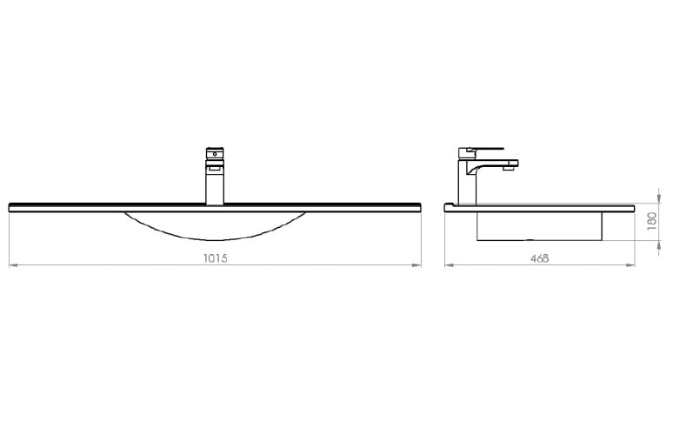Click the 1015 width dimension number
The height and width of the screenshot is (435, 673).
coord(215,258)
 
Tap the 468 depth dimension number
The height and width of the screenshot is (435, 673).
coord(539,258)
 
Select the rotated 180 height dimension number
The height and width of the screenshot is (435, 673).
coord(651,221)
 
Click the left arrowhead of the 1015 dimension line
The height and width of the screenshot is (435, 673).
coord(13,265)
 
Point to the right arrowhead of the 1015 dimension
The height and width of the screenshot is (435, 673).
coord(416,265)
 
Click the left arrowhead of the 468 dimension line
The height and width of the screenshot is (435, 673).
coord(449,265)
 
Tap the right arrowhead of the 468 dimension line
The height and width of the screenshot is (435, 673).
coord(630,265)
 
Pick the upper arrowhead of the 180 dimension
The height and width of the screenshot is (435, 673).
coord(659,199)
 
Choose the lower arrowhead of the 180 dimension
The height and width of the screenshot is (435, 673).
coord(659,244)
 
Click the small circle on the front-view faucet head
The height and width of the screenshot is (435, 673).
coord(215,153)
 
